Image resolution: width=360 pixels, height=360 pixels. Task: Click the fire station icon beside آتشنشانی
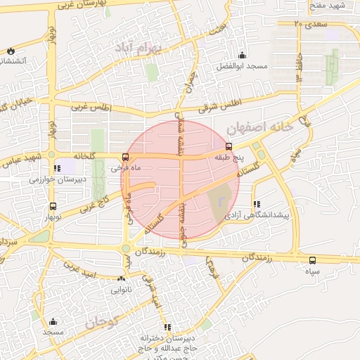[11, 51]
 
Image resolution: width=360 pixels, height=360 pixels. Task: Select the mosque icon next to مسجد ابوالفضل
[243, 56]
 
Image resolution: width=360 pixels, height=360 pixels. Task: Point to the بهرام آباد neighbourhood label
[140, 49]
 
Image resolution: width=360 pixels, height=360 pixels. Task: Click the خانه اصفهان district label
[259, 127]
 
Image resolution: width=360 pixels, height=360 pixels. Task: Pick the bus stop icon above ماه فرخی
[125, 157]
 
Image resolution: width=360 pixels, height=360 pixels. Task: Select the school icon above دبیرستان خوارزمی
[56, 169]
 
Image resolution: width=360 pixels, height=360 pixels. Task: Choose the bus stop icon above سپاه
[312, 260]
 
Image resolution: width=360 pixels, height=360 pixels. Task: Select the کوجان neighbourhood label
[102, 323]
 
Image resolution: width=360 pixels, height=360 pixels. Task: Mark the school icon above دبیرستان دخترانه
[167, 327]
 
